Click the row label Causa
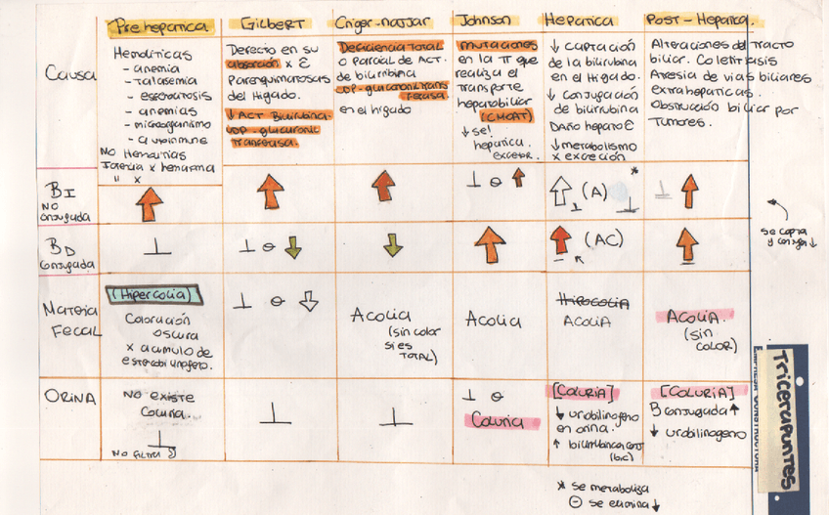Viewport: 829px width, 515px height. [x=65, y=73]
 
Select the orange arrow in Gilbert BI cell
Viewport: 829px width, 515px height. [x=271, y=191]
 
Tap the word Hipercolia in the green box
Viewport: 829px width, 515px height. [x=153, y=293]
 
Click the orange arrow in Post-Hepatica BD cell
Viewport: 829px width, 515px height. [x=689, y=243]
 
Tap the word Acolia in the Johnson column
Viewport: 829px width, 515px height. [x=493, y=320]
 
